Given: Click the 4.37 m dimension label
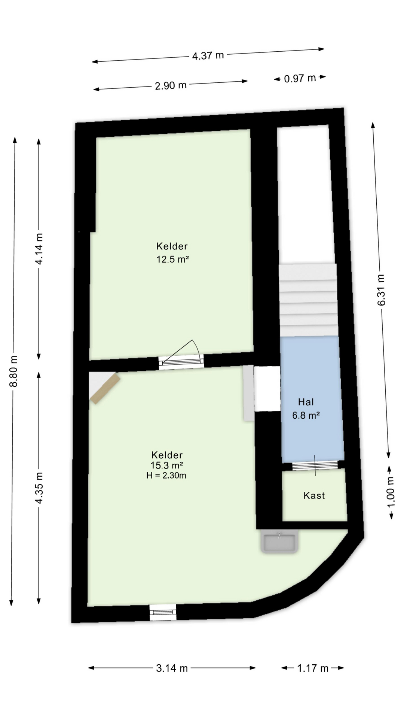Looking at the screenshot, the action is point(208,55).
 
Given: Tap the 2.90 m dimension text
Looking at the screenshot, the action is point(171,85).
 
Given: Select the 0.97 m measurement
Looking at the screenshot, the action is point(300,78).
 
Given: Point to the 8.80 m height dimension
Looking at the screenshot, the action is point(13,371).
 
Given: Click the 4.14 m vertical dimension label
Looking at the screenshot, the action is point(39,249).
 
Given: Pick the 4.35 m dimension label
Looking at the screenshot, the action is point(39,488).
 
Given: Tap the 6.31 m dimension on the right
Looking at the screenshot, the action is point(381,290).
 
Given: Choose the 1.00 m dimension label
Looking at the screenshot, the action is point(391,492).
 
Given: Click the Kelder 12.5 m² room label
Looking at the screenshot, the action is point(172,252).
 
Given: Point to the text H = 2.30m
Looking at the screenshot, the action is point(166,476).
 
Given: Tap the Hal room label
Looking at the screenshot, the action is point(306,402).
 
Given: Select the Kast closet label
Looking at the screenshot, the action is point(314,495).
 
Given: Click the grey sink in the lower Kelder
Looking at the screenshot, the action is point(280,541).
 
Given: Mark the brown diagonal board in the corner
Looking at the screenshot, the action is point(105,389).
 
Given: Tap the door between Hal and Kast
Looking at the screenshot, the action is point(315,465).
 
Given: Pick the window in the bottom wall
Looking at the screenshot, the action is point(163,612).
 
